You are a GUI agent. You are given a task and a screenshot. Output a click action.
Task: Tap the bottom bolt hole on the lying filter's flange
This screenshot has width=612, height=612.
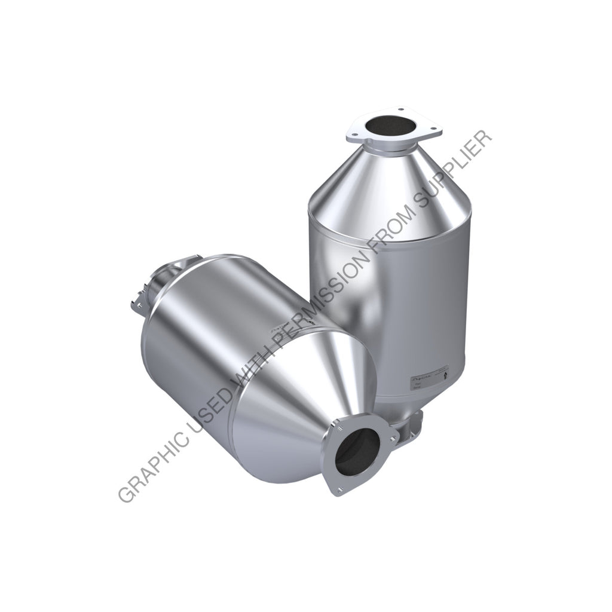[339, 491]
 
